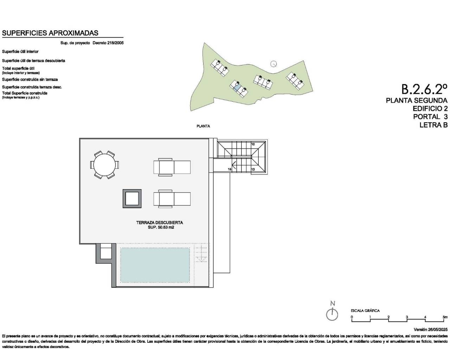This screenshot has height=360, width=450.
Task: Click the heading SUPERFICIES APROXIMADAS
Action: [50, 33]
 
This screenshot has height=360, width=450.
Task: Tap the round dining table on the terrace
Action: [104, 165]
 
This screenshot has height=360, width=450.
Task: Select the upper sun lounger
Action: [172, 167]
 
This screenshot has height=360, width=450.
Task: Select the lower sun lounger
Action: [172, 199]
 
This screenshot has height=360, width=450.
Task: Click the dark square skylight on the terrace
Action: [131, 199]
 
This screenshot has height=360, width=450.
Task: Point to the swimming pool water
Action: [155, 264]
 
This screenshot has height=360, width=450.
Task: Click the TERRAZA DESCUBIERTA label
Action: [159, 223]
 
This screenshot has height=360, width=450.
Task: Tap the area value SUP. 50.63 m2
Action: [161, 227]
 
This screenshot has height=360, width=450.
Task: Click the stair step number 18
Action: [229, 169]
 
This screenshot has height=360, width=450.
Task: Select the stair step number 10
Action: [253, 144]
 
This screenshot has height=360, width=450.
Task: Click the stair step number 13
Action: [253, 169]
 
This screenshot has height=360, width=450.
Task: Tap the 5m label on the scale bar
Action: [445, 317]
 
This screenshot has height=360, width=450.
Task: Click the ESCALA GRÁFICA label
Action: [365, 311]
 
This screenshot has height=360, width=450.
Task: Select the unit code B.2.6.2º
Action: [424, 89]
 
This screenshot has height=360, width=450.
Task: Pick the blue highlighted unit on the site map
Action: [237, 86]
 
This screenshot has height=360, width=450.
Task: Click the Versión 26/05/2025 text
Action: [430, 329]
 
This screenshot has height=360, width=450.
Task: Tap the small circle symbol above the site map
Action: [274, 64]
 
